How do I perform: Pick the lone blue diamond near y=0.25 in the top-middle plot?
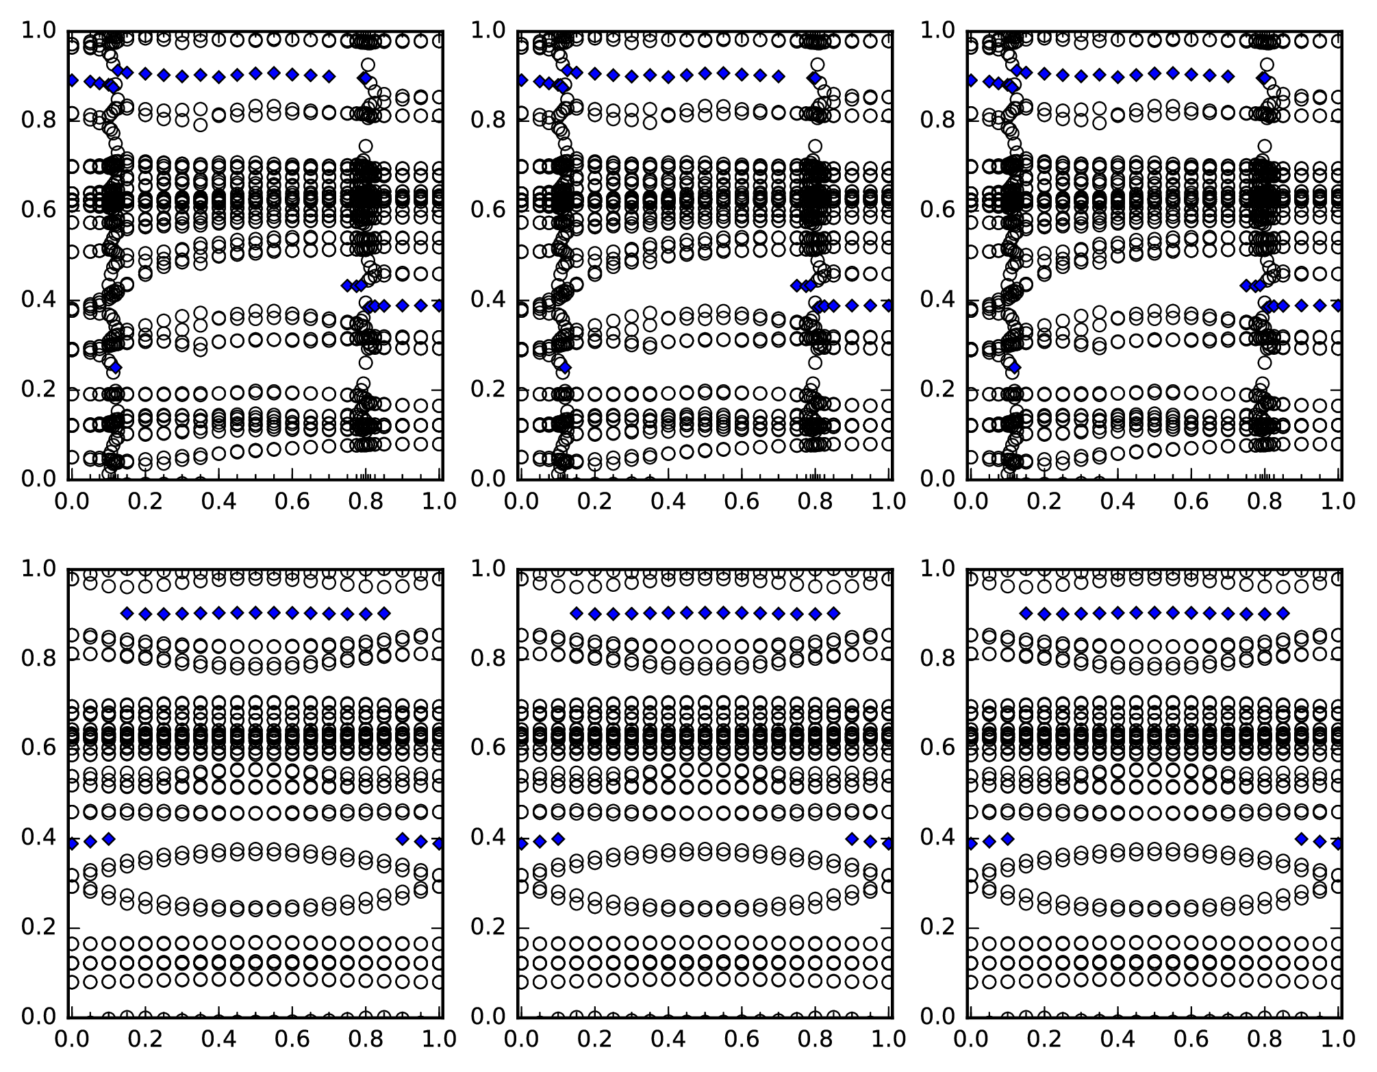click(x=565, y=368)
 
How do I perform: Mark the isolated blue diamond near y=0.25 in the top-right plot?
click(x=1015, y=368)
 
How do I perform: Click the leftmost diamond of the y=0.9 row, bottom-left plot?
click(x=126, y=613)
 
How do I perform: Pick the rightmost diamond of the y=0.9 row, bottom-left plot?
click(x=384, y=613)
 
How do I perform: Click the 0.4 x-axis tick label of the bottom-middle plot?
click(x=667, y=1038)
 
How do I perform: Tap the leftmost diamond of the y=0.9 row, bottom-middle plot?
click(x=576, y=613)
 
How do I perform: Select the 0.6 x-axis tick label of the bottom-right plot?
click(x=1191, y=1038)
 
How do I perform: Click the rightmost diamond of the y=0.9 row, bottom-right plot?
click(x=1283, y=613)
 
